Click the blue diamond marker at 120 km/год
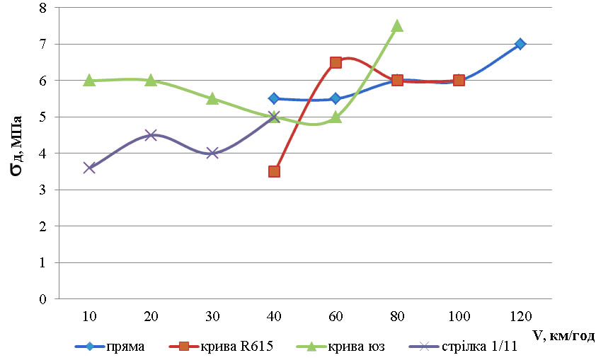[520, 44]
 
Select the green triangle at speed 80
[397, 25]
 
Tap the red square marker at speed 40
[274, 171]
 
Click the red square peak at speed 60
[336, 62]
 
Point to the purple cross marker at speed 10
[89, 168]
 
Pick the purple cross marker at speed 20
[151, 135]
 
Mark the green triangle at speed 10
[89, 80]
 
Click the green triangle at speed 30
[212, 98]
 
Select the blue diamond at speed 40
[274, 98]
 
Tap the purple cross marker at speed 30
[212, 153]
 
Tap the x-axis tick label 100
[459, 314]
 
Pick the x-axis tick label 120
[520, 314]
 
